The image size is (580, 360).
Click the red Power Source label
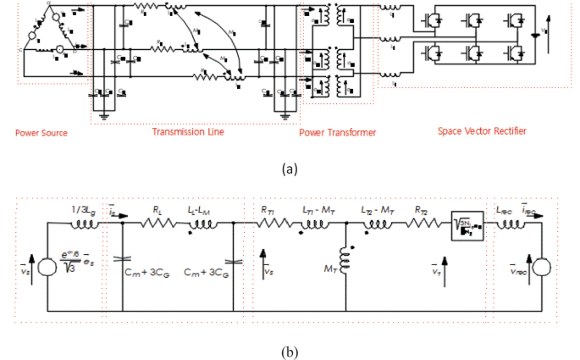(x=41, y=133)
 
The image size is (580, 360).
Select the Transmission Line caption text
(x=187, y=132)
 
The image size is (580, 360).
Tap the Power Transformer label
(x=338, y=133)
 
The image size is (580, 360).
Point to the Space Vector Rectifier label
(x=481, y=132)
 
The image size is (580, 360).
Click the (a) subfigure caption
(x=290, y=169)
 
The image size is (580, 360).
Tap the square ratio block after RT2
(x=466, y=225)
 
